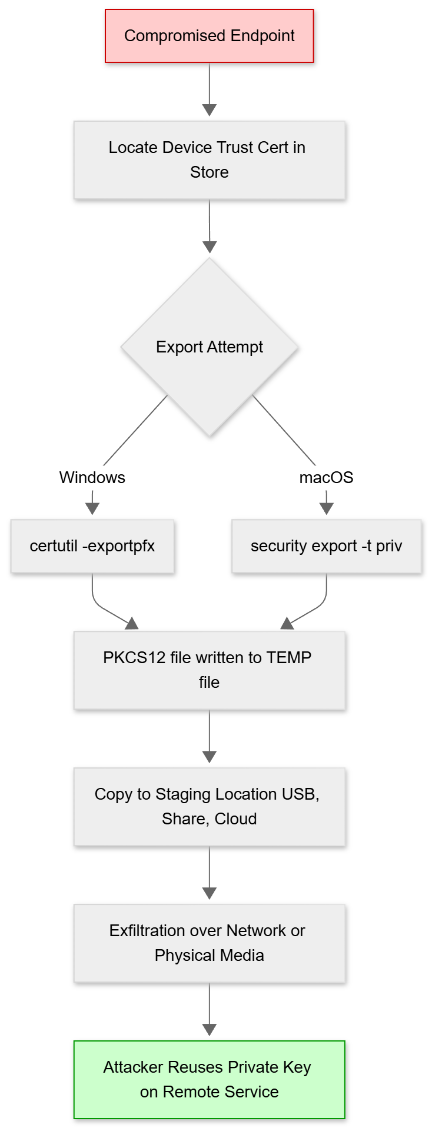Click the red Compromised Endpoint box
209,36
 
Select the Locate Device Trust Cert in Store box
209,159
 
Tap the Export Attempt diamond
209,347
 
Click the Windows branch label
92,477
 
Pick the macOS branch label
326,477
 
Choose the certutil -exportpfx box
92,546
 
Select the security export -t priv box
326,546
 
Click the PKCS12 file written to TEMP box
209,670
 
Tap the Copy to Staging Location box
209,806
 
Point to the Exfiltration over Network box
209,943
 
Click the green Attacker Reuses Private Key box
209,1079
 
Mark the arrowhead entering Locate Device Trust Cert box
209,110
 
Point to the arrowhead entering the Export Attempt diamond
210,247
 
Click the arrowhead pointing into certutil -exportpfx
92,509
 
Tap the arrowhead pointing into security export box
326,509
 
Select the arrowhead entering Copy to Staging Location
209,757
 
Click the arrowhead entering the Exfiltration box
209,893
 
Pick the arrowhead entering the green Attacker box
209,1030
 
